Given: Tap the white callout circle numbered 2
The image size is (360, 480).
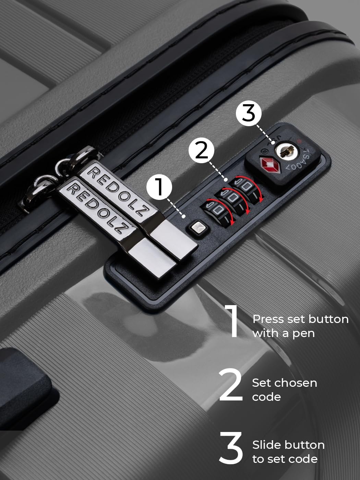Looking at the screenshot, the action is [201, 150].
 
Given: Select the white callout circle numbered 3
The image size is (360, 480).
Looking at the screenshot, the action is [249, 113].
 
